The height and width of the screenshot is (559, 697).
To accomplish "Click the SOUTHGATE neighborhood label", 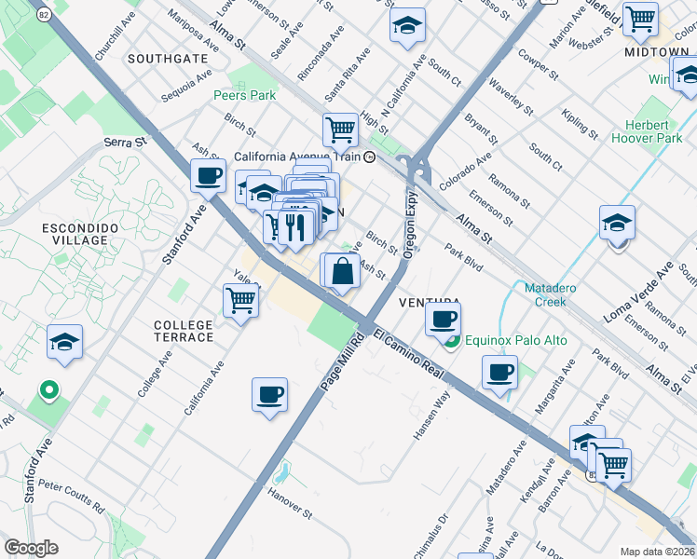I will [x=168, y=58].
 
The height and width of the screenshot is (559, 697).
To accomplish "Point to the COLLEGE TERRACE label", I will [x=184, y=331].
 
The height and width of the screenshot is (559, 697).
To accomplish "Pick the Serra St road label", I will [x=126, y=143].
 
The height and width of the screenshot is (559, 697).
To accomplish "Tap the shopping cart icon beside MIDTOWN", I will [x=641, y=20].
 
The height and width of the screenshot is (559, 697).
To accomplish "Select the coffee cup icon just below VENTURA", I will [x=444, y=319].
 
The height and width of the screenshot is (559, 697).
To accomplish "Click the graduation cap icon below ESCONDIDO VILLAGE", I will [x=64, y=343].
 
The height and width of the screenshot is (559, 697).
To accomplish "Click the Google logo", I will [x=31, y=548].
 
